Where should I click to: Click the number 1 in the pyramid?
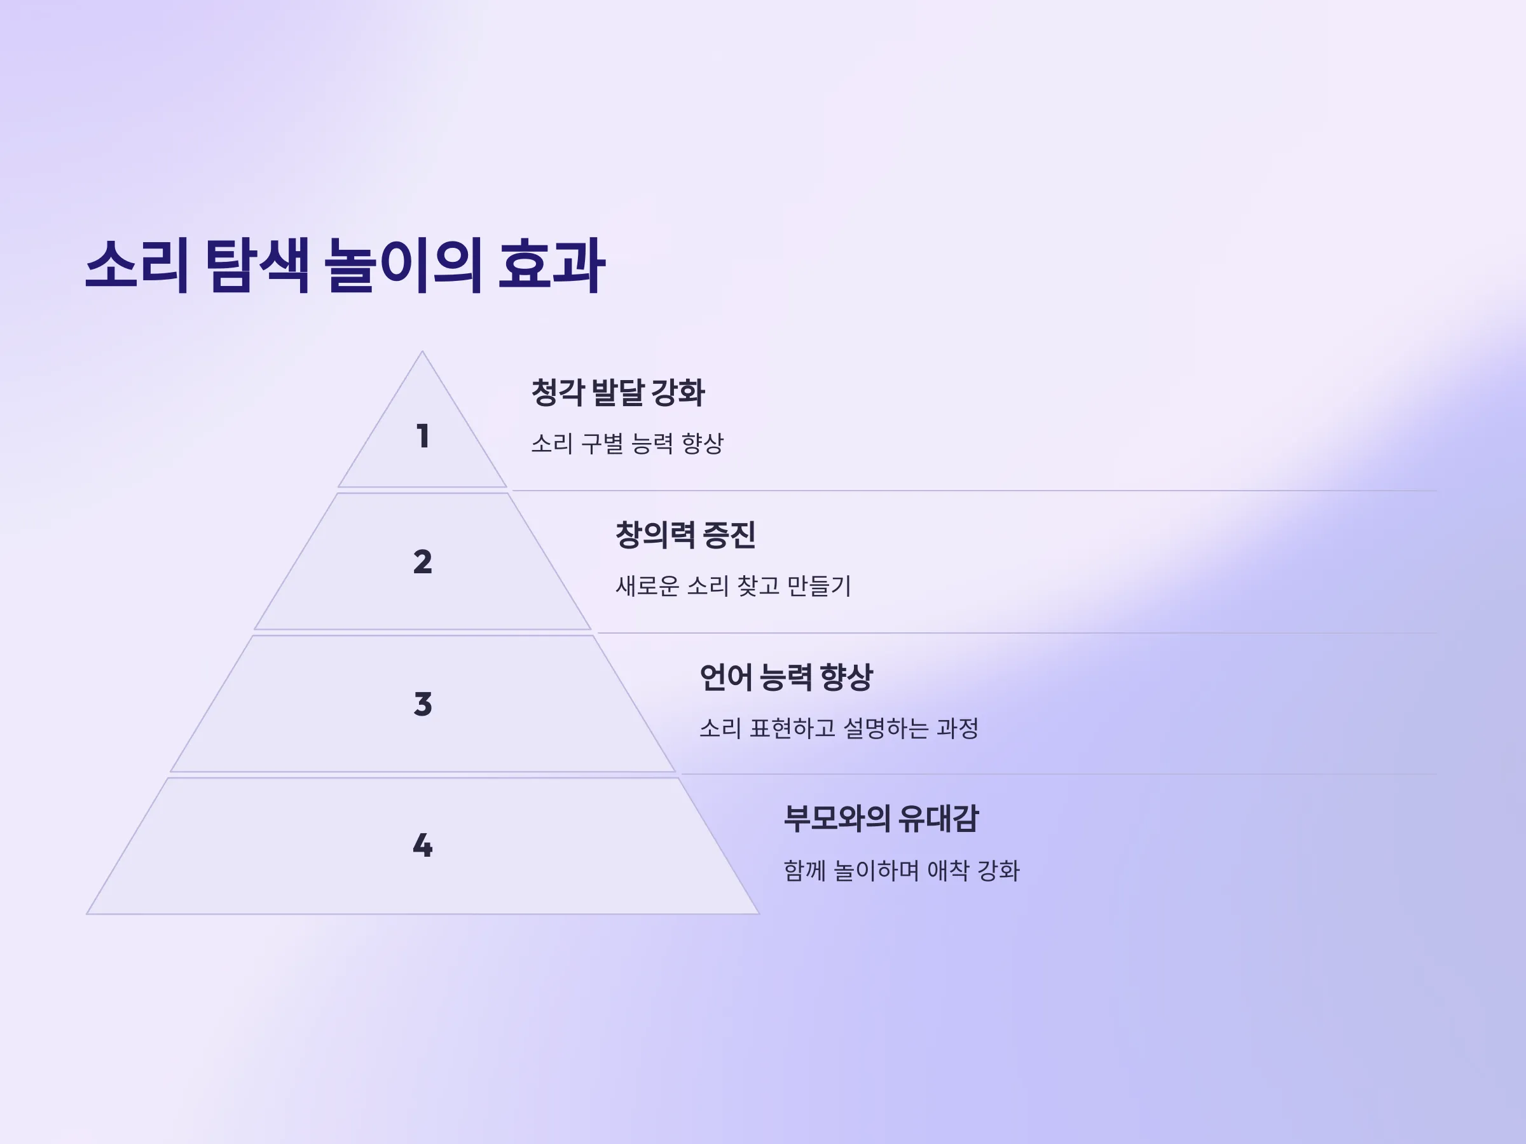click(423, 436)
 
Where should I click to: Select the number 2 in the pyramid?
click(422, 562)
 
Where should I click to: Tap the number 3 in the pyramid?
click(423, 704)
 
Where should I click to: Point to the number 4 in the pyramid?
click(422, 845)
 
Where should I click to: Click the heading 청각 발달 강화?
click(618, 392)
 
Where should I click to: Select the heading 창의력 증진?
click(685, 535)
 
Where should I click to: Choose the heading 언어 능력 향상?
click(787, 676)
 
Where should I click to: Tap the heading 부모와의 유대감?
click(881, 819)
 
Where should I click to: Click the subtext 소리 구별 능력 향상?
click(627, 444)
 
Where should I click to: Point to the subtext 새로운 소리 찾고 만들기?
click(733, 585)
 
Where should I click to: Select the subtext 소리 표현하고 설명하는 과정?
click(839, 728)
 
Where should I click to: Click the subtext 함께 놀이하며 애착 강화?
click(902, 870)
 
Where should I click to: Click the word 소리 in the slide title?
click(137, 266)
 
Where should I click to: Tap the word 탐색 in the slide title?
click(257, 266)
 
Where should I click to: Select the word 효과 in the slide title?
click(552, 266)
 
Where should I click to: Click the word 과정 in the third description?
click(958, 728)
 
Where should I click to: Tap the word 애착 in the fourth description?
click(948, 870)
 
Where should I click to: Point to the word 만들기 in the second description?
click(820, 585)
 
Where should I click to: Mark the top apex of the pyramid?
click(422, 351)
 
